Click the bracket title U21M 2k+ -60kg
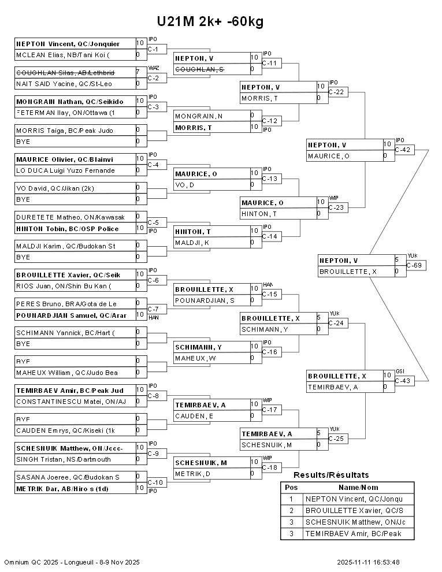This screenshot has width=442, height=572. click(210, 21)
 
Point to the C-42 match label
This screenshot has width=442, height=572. click(403, 150)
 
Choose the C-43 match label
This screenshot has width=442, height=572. click(403, 381)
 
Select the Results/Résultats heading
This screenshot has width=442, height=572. click(331, 475)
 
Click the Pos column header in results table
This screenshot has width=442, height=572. click(291, 487)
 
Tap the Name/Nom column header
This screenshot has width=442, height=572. click(362, 487)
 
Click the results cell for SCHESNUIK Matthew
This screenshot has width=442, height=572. click(353, 522)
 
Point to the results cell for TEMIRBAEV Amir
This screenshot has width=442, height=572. click(353, 533)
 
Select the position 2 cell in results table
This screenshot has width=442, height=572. click(291, 510)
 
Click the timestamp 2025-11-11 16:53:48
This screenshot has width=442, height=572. click(369, 562)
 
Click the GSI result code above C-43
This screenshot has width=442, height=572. click(400, 372)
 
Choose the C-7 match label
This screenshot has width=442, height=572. click(153, 309)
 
